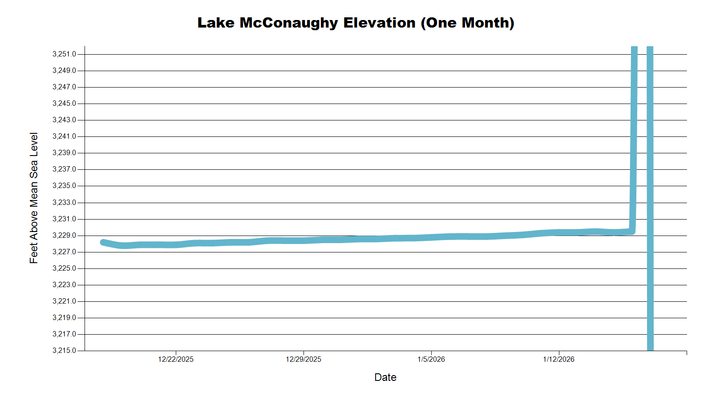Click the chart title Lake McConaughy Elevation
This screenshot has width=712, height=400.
coord(356,23)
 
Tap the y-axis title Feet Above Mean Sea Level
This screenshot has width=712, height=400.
coord(34,198)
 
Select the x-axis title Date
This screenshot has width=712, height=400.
coord(385,377)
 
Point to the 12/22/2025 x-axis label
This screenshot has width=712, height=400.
coord(176,359)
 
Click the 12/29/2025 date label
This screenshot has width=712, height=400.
coord(303,359)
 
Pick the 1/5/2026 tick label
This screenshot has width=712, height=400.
coord(431,359)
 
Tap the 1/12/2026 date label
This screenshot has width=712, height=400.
coord(558,359)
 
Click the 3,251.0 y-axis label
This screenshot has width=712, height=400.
coord(65,54)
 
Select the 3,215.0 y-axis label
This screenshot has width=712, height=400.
coord(65,350)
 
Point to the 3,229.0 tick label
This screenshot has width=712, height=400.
coord(65,235)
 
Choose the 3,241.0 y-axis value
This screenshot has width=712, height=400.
coord(65,136)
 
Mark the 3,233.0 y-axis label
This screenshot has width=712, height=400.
coord(65,202)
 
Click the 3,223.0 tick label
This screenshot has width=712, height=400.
coord(65,284)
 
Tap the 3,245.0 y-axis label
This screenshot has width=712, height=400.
coord(65,104)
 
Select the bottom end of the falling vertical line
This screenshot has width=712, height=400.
coord(650,348)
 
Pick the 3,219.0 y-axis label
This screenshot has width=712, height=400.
coord(65,317)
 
